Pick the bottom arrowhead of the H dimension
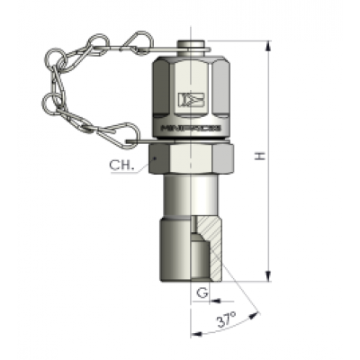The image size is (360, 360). click(x=269, y=275)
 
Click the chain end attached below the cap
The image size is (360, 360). click(x=135, y=141)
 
